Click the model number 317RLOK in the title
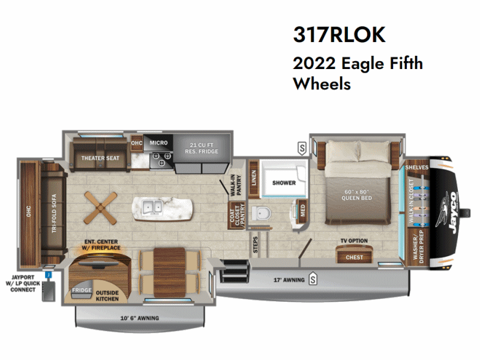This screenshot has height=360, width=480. (x=339, y=35)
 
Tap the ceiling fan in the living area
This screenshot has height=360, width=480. (x=97, y=205)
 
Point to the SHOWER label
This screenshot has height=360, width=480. (x=284, y=182)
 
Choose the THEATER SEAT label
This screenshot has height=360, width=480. (x=100, y=158)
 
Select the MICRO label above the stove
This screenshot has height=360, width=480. (x=158, y=143)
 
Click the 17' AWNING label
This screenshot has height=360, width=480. (x=286, y=280)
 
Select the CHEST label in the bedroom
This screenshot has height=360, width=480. (x=354, y=257)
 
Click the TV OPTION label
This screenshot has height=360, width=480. (x=354, y=241)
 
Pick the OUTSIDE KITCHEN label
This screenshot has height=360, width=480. (x=108, y=296)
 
